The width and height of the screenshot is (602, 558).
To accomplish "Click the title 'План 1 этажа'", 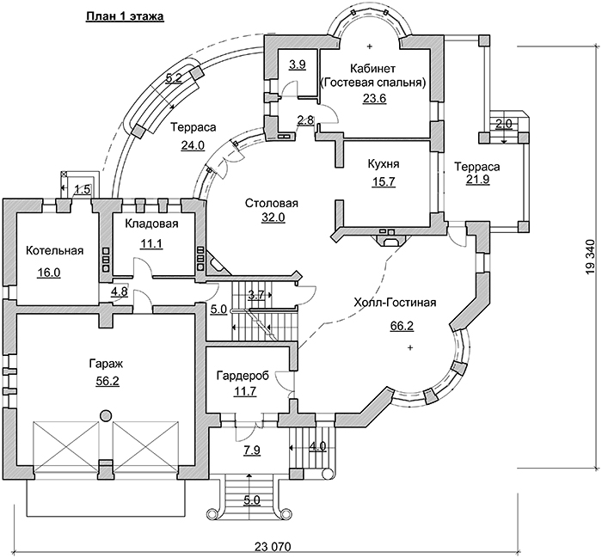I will tap(126, 16).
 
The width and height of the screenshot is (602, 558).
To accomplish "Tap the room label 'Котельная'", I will tap(54, 251).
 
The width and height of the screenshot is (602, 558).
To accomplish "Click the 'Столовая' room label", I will tap(271, 204).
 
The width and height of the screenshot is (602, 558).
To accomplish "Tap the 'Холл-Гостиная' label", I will tap(396, 303).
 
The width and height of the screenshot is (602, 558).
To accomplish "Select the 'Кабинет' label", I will tap(372, 68).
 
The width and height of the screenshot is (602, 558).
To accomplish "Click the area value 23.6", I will tap(374, 99).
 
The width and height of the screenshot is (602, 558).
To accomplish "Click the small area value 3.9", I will tap(298, 64).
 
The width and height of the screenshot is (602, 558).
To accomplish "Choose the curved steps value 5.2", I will tap(174, 78).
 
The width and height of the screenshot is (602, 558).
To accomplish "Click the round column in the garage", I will tap(105, 416).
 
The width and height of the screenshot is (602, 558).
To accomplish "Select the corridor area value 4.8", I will tap(120, 291).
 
